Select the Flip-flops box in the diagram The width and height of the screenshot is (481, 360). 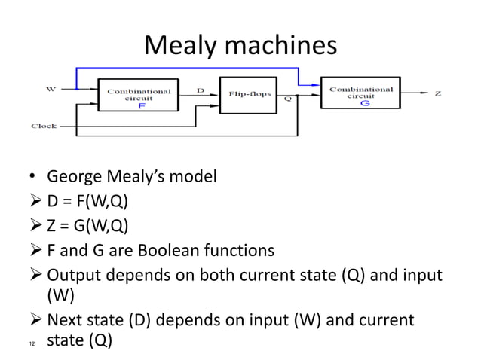245,95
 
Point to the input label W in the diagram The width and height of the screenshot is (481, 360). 51,89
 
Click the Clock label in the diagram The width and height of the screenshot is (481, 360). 43,127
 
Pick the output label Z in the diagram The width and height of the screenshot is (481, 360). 438,93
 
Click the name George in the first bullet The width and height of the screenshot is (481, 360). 76,178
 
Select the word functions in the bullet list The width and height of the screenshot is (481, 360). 239,249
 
